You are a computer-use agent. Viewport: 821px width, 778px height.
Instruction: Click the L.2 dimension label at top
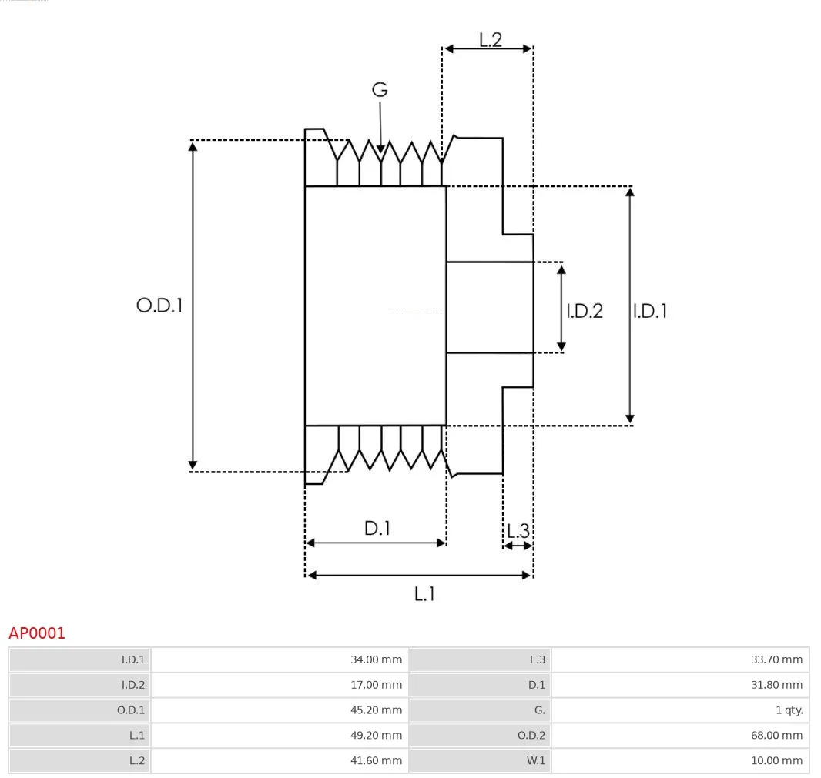pos(491,40)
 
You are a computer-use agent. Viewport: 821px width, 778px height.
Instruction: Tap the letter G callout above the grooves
pos(380,89)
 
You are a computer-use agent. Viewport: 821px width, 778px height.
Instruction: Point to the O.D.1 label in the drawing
pos(159,305)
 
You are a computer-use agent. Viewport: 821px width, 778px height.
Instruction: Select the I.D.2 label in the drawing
pos(585,311)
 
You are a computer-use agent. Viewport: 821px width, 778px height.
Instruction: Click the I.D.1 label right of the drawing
pos(650,311)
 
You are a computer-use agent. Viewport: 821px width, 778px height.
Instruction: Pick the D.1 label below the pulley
pos(377,528)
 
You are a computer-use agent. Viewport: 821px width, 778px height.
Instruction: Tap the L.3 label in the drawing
pos(518,531)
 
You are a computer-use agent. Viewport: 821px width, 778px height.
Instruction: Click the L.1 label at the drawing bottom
pos(424,594)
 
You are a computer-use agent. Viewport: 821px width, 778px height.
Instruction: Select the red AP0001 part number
pos(37,633)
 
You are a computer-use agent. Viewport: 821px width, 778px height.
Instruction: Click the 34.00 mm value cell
pos(280,659)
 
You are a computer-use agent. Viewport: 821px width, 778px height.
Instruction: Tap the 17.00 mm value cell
pos(280,685)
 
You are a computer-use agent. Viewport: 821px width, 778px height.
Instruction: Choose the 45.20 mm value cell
pos(280,710)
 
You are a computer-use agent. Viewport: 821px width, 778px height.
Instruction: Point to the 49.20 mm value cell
pos(280,735)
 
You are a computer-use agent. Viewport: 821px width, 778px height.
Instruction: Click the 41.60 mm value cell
pos(280,760)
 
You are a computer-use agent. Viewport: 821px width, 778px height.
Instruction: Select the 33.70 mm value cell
pos(681,659)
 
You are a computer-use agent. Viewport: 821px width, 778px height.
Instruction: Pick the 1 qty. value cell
pos(681,710)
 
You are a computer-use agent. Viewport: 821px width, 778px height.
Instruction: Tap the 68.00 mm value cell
pos(681,735)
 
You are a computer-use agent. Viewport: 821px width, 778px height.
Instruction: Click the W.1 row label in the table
pos(535,761)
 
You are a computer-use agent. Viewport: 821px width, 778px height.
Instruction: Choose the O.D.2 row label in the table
pos(531,736)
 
